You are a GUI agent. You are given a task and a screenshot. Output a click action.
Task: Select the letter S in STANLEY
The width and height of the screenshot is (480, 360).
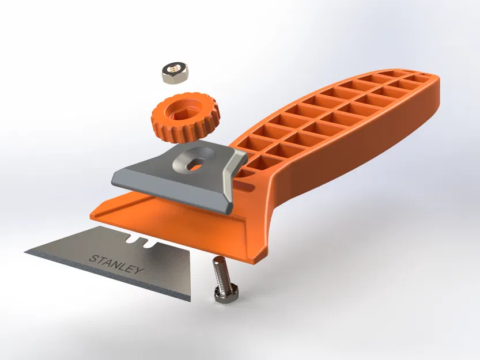coord(93,257)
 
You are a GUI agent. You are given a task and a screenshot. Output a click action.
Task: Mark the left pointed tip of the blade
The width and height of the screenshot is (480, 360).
coord(27,252)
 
